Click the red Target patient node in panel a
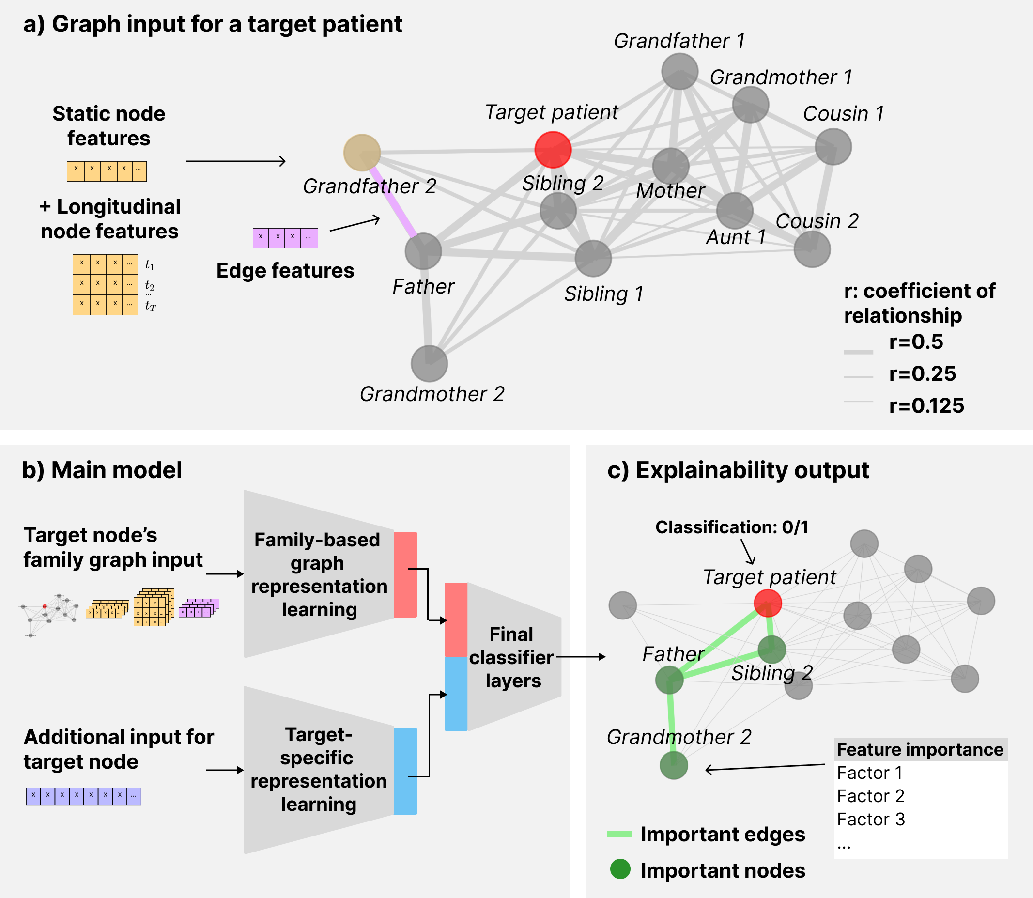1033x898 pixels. tap(553, 149)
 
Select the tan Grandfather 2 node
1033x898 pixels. tap(362, 153)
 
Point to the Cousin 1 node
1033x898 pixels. tap(833, 146)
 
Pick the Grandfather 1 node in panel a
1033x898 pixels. tap(679, 71)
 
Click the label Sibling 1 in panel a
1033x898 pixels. tap(603, 294)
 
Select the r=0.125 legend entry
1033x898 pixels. tap(926, 405)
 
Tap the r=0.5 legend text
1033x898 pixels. tap(916, 342)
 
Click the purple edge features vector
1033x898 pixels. tap(285, 238)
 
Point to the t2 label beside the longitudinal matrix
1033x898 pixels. tap(149, 285)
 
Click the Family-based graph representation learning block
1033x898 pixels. tap(319, 574)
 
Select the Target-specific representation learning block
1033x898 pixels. tap(319, 770)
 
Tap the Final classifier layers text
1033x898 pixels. tap(511, 657)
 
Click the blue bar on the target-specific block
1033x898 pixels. tap(405, 771)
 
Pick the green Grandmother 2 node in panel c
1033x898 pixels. tap(673, 765)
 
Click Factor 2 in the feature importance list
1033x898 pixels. tap(870, 796)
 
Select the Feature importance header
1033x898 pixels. tap(920, 750)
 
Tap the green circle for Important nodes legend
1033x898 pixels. tap(620, 869)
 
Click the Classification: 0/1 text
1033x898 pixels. tap(731, 527)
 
